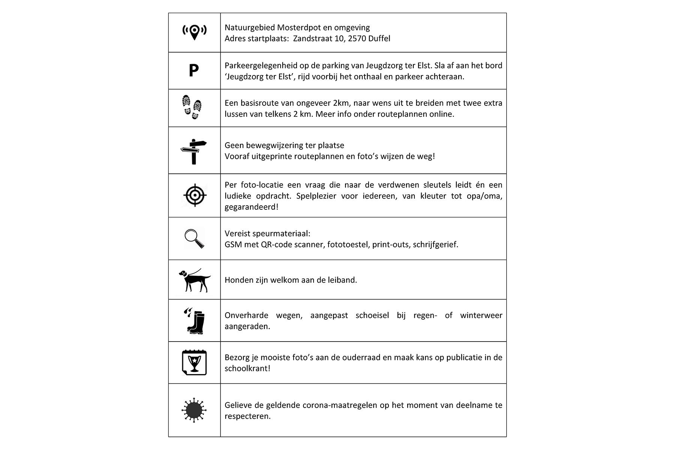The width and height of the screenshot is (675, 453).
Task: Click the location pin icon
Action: pos(194,32)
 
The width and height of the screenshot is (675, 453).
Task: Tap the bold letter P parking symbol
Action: pos(193,71)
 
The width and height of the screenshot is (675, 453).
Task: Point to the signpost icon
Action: pos(193,151)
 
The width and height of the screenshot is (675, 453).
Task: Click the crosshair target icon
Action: pos(195,195)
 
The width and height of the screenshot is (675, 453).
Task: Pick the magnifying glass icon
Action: pos(194,239)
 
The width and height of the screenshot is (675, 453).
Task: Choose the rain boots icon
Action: pos(194,321)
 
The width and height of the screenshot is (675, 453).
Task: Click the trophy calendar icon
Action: pos(194,363)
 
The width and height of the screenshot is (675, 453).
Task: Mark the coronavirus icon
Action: pos(194,410)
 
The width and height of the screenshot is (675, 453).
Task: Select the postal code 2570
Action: pos(357,39)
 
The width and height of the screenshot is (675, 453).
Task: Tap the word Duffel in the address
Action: pos(379,39)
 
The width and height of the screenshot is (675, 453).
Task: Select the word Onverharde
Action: pos(245,315)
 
